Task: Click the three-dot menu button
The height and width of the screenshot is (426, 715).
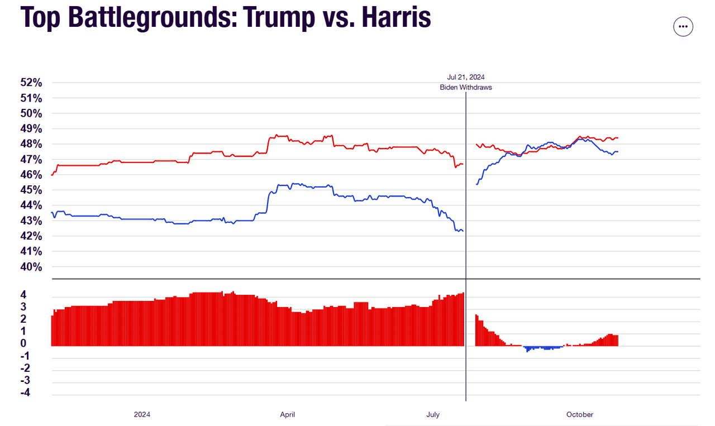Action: [x=683, y=26]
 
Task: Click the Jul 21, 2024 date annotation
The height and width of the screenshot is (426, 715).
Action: [x=465, y=77]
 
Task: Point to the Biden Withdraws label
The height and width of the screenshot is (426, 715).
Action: [x=465, y=88]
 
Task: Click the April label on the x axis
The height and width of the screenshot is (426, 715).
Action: [x=287, y=414]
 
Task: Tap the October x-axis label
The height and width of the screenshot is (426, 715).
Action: [x=580, y=414]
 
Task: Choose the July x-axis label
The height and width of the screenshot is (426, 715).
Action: [x=433, y=414]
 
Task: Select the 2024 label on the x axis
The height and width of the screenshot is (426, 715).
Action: [x=142, y=414]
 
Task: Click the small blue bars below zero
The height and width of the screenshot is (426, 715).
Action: [x=542, y=348]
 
